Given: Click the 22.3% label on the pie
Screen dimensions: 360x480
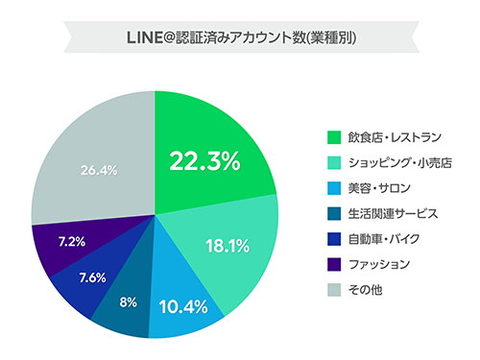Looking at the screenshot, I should point(204,161).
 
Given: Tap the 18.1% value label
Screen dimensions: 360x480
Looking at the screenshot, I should point(228,246).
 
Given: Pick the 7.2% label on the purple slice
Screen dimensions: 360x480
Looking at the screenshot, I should point(72,240).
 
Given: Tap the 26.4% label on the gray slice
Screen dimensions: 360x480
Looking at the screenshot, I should point(99,170).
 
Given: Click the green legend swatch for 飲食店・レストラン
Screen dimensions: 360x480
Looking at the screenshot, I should point(334,135).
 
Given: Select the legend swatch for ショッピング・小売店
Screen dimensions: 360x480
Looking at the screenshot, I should point(334,160).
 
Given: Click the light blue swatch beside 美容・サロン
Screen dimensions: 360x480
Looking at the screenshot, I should point(334,186).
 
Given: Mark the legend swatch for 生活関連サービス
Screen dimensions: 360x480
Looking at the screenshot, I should point(334,212).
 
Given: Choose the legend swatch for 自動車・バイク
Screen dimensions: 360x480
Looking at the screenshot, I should point(334,238).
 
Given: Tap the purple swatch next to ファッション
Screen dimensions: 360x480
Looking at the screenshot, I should point(334,264).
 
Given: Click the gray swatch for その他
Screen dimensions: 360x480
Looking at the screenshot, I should point(334,289).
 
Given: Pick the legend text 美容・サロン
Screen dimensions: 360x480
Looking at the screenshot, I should point(379,186).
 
